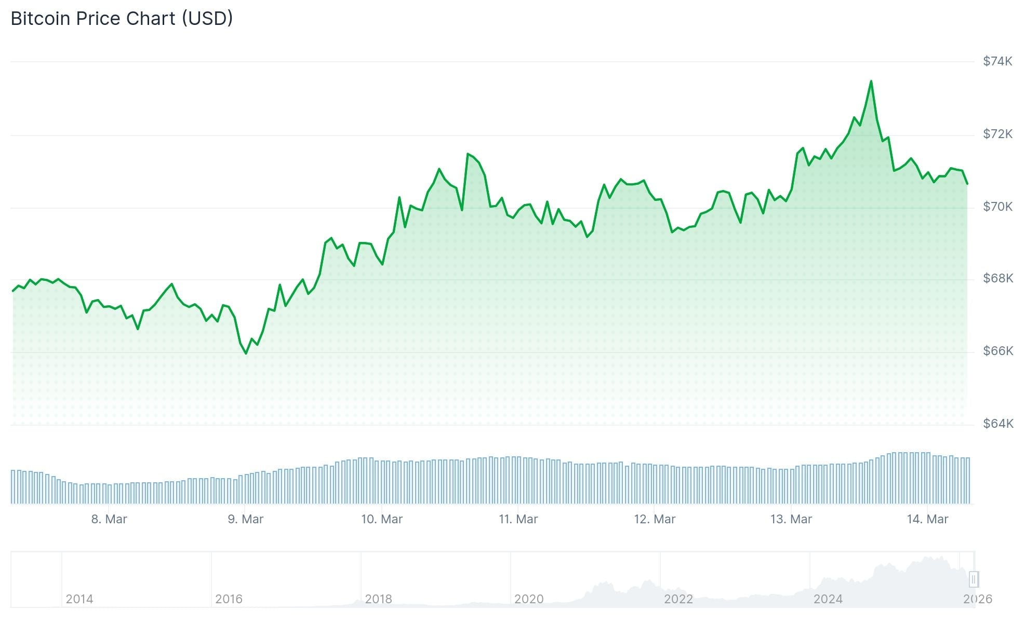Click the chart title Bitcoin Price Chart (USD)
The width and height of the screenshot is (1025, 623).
point(122,19)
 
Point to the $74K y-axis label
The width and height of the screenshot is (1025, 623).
point(997,61)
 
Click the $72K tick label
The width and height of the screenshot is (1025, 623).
point(997,134)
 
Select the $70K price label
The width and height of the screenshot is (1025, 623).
point(997,207)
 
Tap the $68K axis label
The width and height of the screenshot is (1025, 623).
point(997,278)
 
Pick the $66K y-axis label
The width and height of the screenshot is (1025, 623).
point(997,351)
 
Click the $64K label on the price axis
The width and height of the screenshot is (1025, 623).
point(997,424)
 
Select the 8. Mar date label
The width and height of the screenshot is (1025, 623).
point(109,519)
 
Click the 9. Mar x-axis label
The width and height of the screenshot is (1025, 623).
point(245,519)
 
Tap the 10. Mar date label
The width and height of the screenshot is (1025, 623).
point(382,519)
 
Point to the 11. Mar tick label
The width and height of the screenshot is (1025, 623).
point(518,519)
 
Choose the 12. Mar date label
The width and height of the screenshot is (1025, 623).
point(655,519)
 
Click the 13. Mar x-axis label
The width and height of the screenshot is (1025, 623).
point(791,519)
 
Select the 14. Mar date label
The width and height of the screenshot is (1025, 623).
point(927,519)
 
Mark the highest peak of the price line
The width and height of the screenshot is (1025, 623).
point(871,82)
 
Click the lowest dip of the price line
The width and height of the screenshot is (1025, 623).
point(246,354)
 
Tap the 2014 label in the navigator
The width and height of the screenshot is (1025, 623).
point(79,599)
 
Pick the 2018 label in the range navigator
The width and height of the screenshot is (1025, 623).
point(378,599)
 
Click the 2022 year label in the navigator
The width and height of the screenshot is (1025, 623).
point(678,599)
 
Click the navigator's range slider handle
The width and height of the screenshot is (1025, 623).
point(974,579)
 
